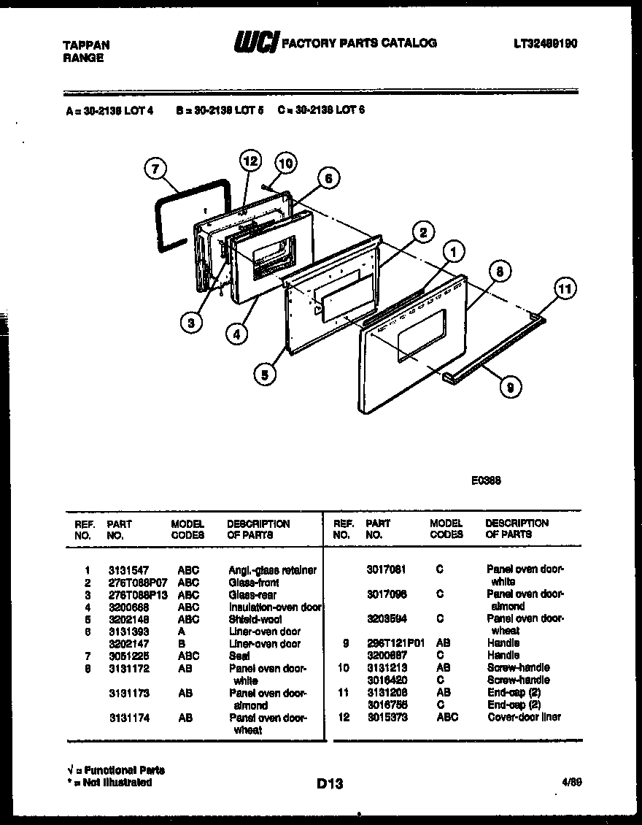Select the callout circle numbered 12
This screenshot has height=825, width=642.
[250, 161]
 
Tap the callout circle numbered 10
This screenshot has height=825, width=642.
[285, 164]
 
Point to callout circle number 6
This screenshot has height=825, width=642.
[328, 178]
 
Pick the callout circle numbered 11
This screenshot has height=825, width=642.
[563, 289]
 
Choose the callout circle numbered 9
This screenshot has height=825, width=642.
[509, 387]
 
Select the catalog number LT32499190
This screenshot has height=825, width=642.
[545, 44]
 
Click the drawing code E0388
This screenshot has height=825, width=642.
[485, 481]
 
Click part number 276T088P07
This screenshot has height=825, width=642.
[137, 582]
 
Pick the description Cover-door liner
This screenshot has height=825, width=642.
[524, 717]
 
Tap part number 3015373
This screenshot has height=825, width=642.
[386, 717]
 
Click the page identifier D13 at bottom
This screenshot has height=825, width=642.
[330, 784]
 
